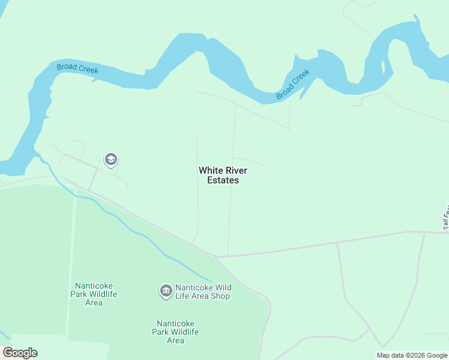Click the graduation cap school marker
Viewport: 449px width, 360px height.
[x=110, y=160]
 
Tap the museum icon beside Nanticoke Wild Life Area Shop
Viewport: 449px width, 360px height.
[x=166, y=291]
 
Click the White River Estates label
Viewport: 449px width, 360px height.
[x=223, y=175]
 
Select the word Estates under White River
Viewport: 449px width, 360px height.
[x=223, y=180]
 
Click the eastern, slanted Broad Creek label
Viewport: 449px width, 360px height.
[x=293, y=85]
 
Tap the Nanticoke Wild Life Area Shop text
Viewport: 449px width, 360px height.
[x=202, y=292]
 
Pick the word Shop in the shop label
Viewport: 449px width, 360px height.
[x=220, y=296]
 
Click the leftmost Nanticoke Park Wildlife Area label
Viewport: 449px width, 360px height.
[x=94, y=294]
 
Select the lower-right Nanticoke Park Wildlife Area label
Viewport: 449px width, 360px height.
[x=175, y=331]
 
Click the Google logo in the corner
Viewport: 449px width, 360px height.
[x=20, y=353]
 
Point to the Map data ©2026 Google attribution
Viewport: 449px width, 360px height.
[x=412, y=355]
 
